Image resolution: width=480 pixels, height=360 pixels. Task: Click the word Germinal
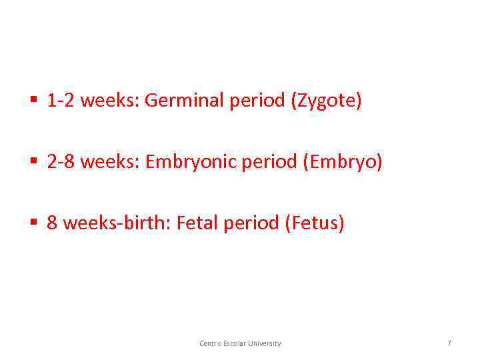[184, 101]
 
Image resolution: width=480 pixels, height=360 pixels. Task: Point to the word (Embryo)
[343, 162]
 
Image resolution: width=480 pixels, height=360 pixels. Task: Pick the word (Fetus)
[314, 223]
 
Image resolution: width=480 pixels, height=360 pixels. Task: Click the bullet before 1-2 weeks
[33, 101]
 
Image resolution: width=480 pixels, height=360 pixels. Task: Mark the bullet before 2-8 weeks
[33, 162]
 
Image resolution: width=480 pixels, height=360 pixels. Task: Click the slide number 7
[449, 343]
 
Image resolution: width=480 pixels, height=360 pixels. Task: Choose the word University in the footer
[265, 343]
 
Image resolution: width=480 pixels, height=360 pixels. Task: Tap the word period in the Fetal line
[251, 223]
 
